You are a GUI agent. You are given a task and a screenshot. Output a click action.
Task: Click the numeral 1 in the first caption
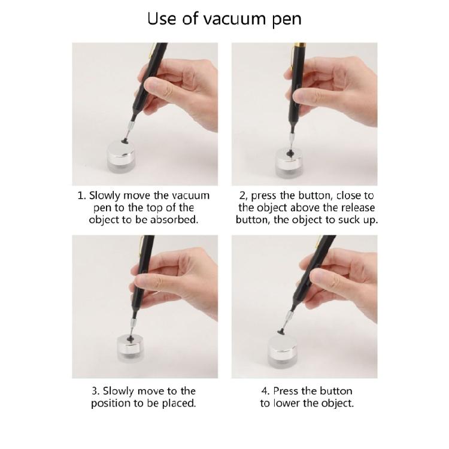[81, 196]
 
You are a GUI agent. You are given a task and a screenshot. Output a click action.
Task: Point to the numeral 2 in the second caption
[242, 196]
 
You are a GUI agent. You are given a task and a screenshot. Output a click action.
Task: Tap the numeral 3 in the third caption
[95, 391]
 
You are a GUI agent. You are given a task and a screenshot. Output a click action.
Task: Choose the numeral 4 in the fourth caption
[263, 391]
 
